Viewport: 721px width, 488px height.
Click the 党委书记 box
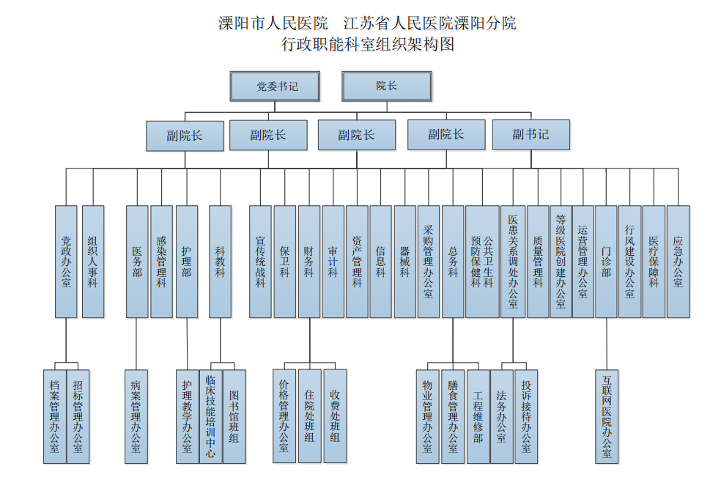click(x=275, y=86)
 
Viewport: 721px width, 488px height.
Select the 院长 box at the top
click(x=387, y=86)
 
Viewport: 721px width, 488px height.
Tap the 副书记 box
click(x=531, y=135)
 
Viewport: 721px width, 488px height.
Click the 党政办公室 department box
click(x=66, y=262)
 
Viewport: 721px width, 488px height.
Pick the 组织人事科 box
click(x=93, y=262)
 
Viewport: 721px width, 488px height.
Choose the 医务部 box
click(x=137, y=262)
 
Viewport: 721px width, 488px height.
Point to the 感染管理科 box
click(x=161, y=262)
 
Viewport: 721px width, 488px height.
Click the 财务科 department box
click(x=309, y=262)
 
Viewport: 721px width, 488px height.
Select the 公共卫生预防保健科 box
click(x=482, y=262)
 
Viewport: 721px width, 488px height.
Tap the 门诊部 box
click(x=606, y=262)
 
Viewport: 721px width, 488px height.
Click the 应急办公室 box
click(x=679, y=262)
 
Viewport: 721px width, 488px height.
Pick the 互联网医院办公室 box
click(x=607, y=417)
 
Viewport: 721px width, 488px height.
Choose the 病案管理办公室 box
click(x=136, y=417)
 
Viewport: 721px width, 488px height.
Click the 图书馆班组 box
click(x=234, y=417)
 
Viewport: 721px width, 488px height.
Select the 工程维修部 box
click(x=478, y=417)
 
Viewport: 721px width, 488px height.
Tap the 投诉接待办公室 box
click(x=526, y=417)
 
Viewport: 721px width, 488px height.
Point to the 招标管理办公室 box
click(x=78, y=417)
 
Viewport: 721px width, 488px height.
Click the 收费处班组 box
click(x=335, y=416)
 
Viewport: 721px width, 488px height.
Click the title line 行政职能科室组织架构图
click(x=368, y=44)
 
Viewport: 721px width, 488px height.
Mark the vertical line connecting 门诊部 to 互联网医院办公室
click(x=607, y=344)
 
